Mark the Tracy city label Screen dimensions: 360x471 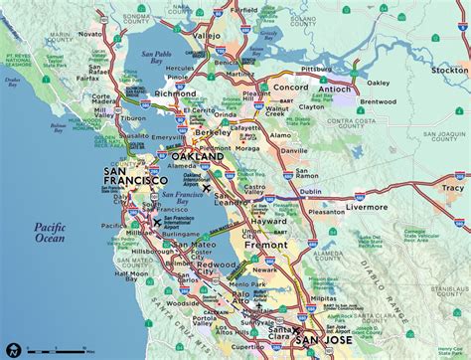pos(452,187)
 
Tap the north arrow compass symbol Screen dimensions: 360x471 pos(13,349)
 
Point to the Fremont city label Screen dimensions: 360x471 pos(265,244)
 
